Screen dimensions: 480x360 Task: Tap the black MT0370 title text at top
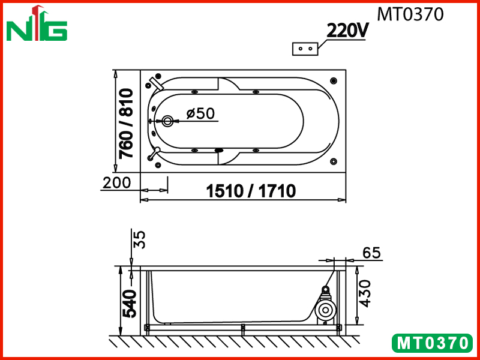tap(410, 14)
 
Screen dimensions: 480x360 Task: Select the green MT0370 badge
tap(432, 343)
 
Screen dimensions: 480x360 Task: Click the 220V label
tap(347, 30)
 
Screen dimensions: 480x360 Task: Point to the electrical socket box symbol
tap(305, 49)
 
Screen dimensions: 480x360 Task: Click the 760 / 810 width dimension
tap(127, 123)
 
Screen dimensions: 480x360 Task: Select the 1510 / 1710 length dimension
tap(251, 191)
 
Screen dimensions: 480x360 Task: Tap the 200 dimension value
tap(116, 183)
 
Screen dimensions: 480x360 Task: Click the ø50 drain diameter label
tap(200, 113)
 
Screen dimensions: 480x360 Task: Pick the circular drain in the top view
tap(167, 121)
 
